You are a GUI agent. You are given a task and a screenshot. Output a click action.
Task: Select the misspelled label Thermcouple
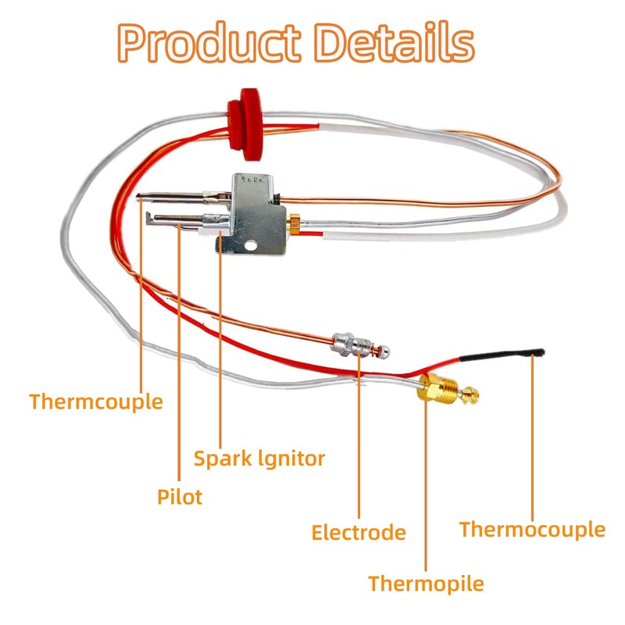coord(96,402)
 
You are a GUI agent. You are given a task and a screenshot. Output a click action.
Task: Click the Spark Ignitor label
coord(259,458)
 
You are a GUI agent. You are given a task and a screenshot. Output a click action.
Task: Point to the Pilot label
coord(180,497)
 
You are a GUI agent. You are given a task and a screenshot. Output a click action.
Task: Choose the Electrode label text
coord(359,533)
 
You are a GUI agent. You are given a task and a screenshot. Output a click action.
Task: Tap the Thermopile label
coord(426,584)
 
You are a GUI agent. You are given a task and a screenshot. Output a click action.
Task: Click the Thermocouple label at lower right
coord(532,530)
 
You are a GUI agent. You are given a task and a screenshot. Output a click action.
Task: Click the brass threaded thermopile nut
coord(434,388)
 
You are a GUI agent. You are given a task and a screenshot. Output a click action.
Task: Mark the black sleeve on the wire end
coord(500,355)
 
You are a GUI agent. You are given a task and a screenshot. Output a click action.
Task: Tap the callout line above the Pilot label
coord(180,352)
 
